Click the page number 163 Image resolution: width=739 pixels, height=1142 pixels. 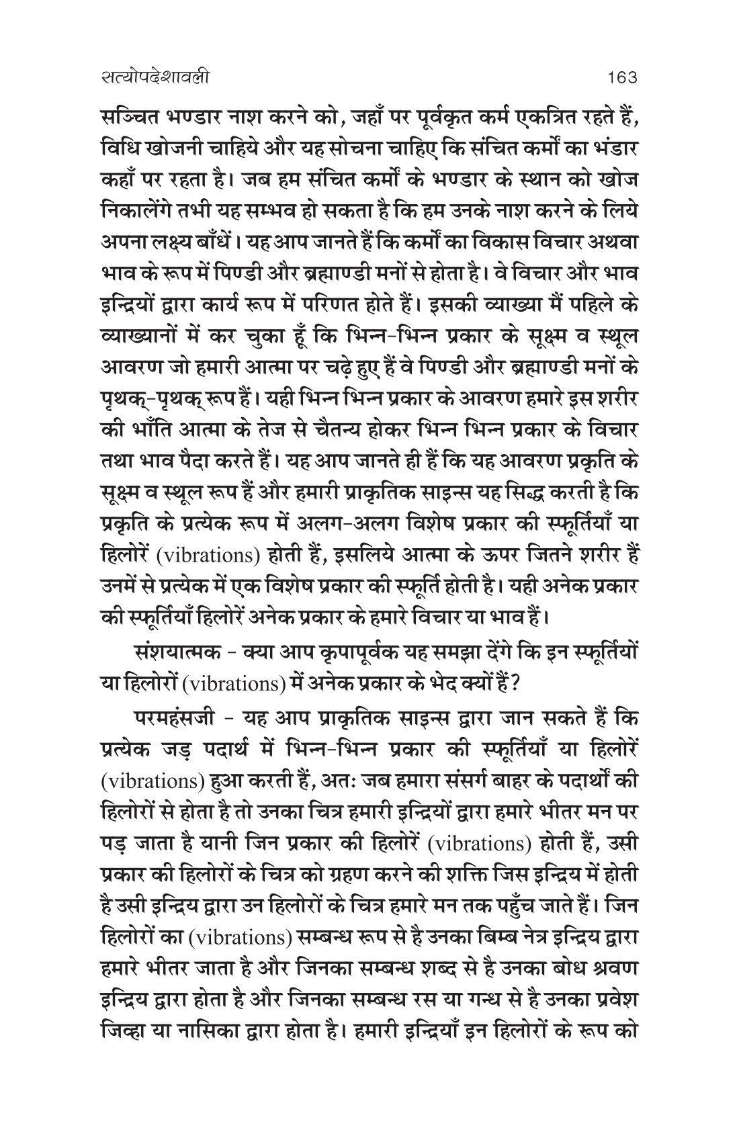620,78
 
